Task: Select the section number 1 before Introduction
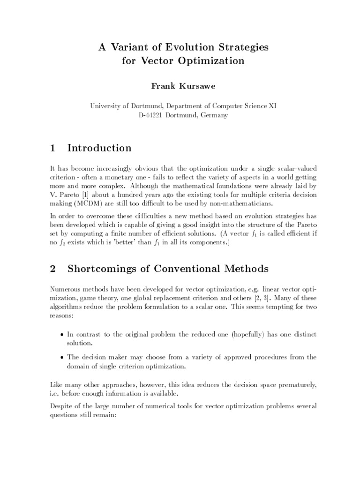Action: (x=52, y=148)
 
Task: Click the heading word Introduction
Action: (x=99, y=148)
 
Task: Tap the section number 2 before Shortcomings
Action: (x=52, y=269)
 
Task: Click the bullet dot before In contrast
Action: (x=63, y=334)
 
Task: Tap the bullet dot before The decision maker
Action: (x=63, y=358)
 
